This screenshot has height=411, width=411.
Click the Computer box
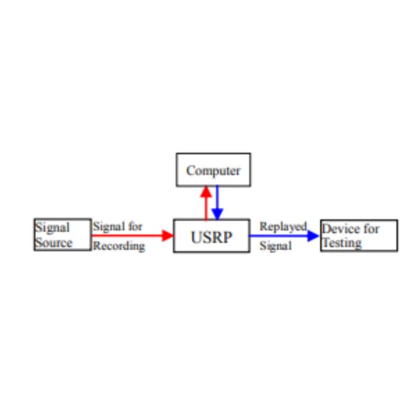point(213,169)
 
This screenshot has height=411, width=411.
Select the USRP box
point(211,236)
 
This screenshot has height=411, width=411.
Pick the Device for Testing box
point(358,236)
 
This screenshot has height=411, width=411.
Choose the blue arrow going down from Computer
point(217,202)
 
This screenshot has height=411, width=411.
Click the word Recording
point(119,246)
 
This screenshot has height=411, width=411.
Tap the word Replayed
point(283,227)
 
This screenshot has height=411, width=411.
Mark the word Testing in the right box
point(342,243)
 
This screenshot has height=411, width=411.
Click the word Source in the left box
point(53,243)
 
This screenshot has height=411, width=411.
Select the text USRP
point(211,237)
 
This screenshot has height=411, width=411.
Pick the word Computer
point(213,171)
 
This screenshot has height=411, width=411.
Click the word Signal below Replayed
point(275,246)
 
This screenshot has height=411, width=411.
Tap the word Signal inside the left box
point(52,228)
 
